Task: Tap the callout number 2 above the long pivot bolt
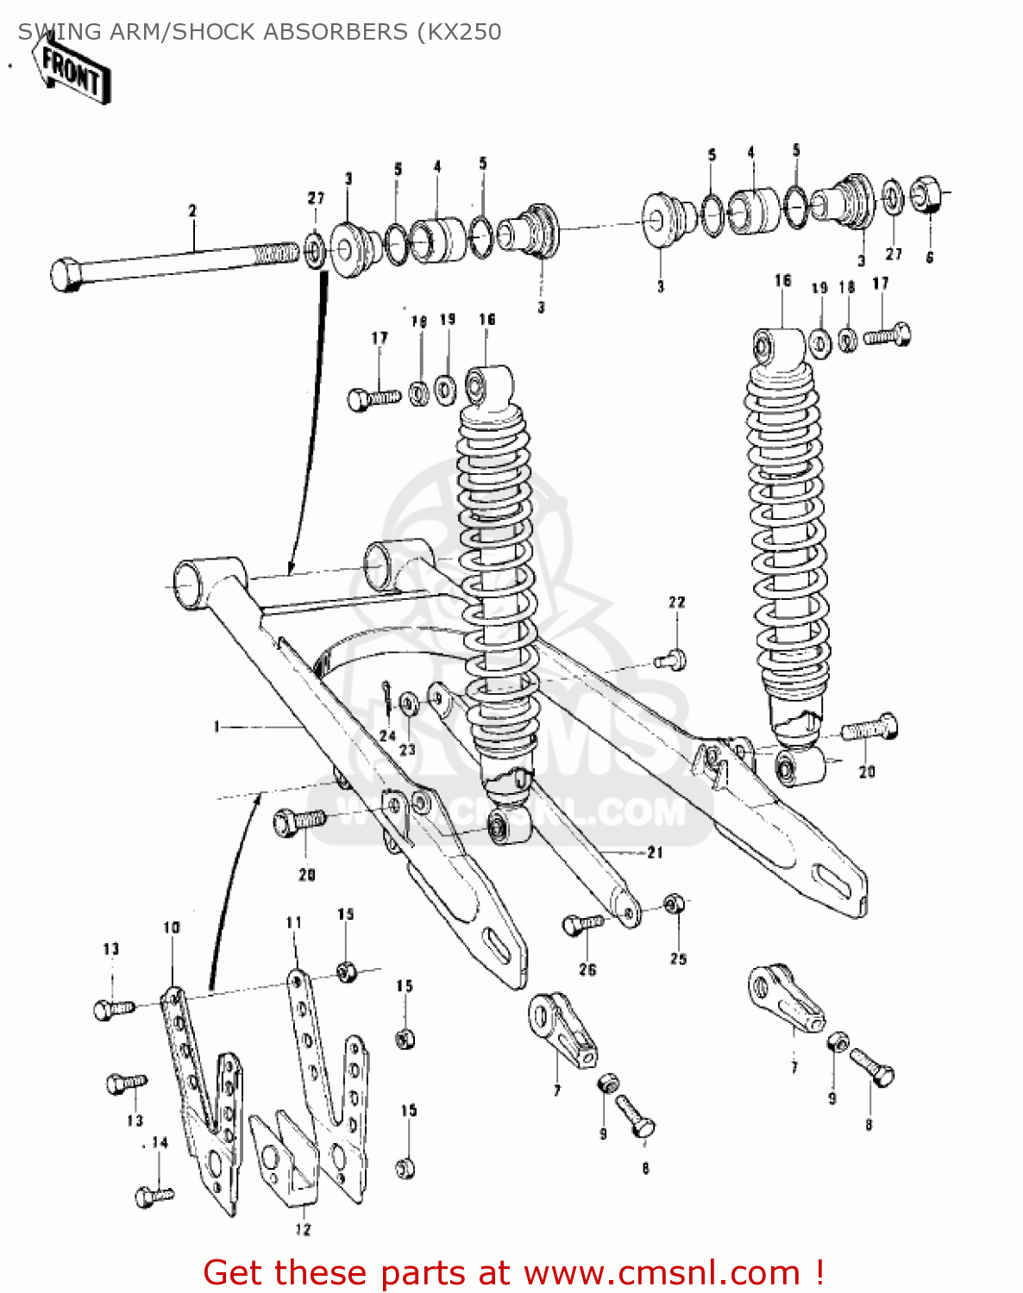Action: point(192,210)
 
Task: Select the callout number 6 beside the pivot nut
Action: point(929,257)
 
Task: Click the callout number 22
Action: point(677,602)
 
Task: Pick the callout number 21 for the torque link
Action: point(656,852)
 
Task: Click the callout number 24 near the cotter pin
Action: point(387,735)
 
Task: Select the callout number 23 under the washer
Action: point(407,750)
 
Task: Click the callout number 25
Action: point(679,959)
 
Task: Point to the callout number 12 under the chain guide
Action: point(303,1229)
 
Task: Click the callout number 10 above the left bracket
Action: point(172,928)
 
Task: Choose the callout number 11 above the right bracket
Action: point(294,922)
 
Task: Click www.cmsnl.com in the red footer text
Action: point(662,1272)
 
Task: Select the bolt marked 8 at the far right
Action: point(873,1068)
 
